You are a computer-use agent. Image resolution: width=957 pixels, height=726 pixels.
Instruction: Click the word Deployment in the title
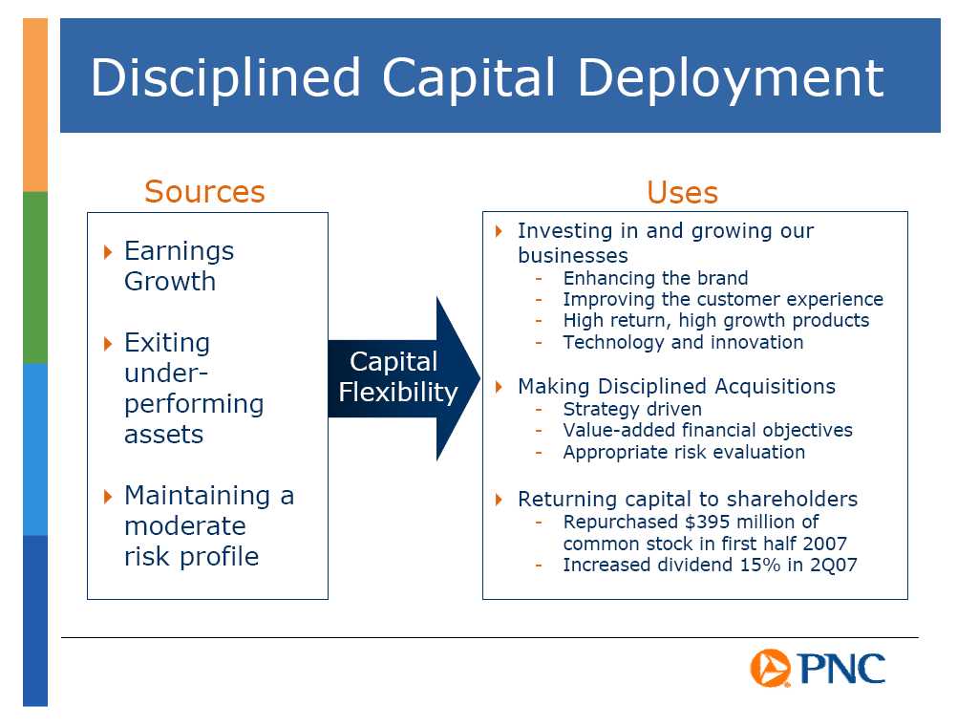pos(731,78)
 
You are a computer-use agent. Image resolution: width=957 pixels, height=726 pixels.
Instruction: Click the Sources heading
pos(204,192)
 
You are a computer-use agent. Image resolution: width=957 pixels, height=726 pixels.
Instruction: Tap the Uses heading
pos(682,192)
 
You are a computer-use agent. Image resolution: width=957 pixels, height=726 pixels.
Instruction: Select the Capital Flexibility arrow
pos(404,378)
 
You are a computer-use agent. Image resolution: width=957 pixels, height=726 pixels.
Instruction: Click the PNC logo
pos(818,668)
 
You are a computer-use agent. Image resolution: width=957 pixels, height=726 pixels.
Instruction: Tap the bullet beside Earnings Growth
pos(108,251)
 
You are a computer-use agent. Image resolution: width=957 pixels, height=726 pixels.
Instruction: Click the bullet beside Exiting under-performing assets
pos(108,344)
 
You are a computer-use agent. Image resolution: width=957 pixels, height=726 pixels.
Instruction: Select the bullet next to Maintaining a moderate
pos(108,497)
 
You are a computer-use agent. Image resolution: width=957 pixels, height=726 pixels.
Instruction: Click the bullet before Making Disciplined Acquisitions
pos(499,387)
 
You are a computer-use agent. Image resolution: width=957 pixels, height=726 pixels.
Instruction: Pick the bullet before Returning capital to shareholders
pos(499,500)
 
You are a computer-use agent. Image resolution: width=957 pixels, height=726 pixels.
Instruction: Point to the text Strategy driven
pos(632,409)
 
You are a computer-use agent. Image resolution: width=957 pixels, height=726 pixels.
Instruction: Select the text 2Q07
pos(834,565)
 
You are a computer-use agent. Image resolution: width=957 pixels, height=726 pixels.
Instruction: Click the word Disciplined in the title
pos(225,78)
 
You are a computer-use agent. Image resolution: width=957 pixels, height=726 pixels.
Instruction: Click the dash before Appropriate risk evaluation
pos(539,453)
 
